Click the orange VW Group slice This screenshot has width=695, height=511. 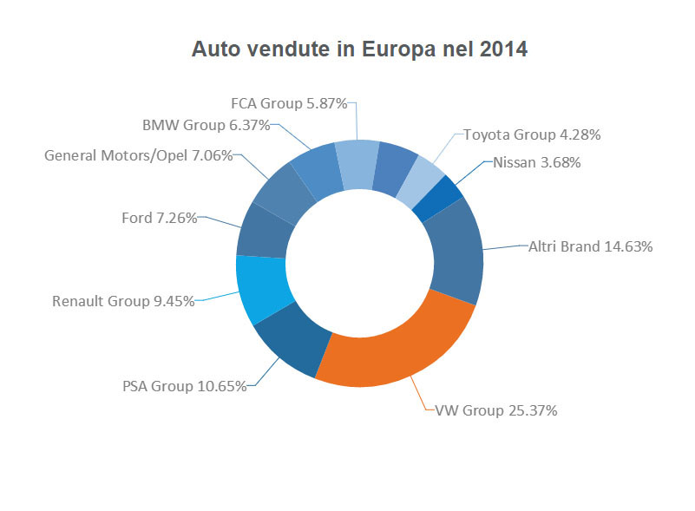(399, 347)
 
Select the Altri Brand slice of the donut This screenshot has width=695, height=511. (453, 252)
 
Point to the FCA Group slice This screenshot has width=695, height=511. (357, 163)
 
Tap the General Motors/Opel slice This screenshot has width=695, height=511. (282, 193)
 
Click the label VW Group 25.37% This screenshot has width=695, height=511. (495, 409)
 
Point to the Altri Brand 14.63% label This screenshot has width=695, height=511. (590, 246)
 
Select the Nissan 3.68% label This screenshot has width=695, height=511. (536, 162)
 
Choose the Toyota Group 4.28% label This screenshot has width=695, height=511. (532, 134)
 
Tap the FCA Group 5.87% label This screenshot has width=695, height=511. (289, 103)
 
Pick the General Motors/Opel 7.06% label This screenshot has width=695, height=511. (138, 156)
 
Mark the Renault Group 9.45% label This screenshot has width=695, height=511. (122, 302)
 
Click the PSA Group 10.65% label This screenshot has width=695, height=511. (184, 385)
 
